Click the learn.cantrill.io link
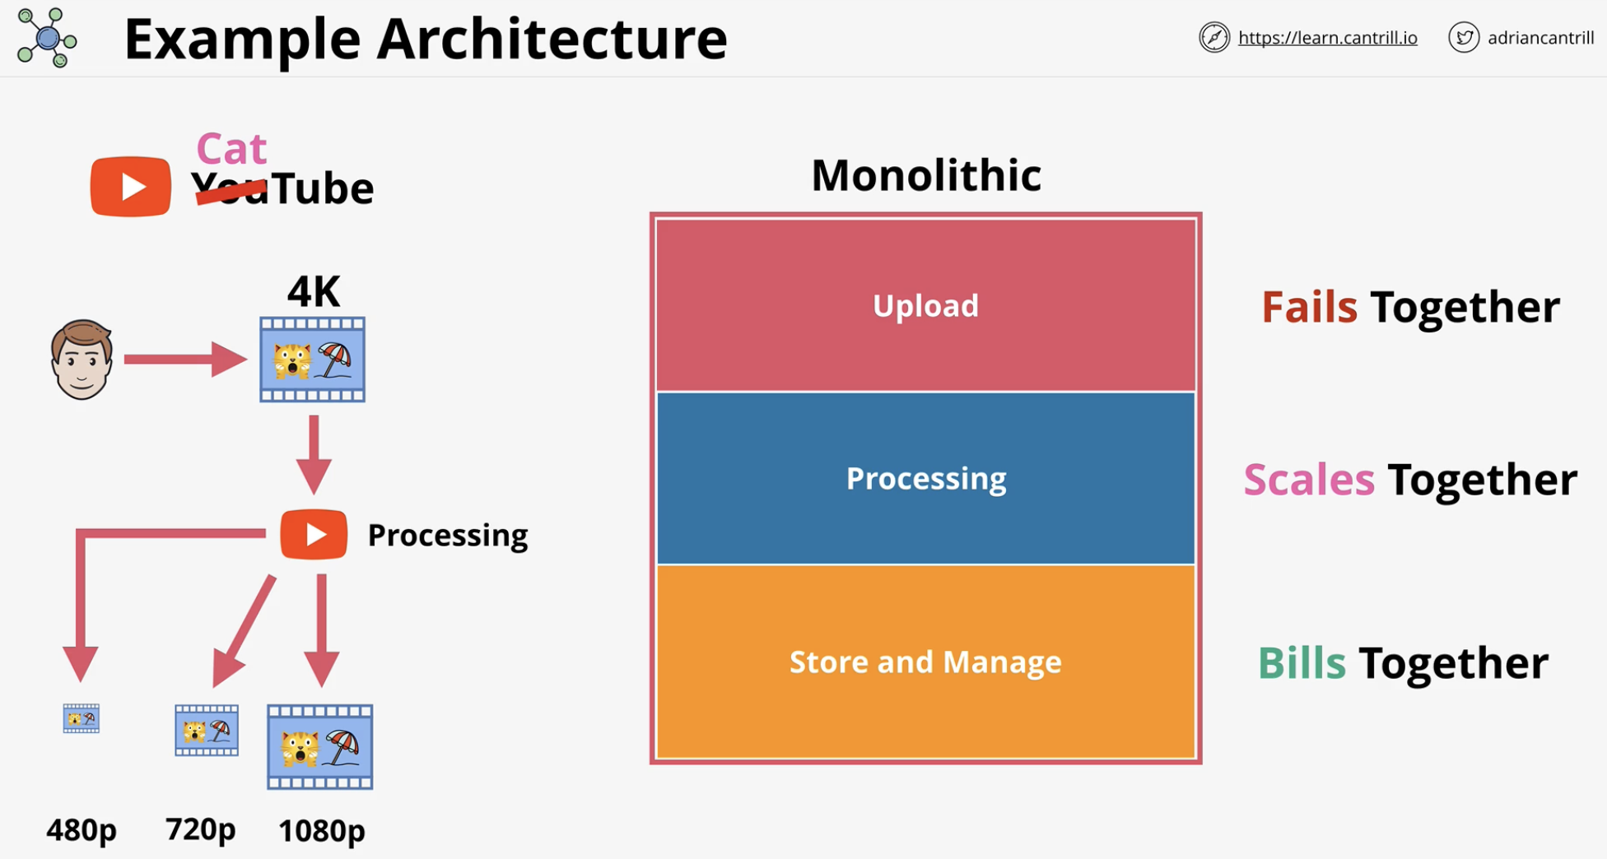click(x=1327, y=38)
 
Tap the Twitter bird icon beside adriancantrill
click(x=1464, y=38)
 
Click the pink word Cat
click(x=231, y=149)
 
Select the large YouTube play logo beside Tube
click(x=131, y=187)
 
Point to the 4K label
click(x=314, y=291)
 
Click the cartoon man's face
click(x=82, y=360)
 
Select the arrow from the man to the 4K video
click(x=185, y=360)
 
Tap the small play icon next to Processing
click(x=314, y=535)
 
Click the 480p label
click(x=82, y=829)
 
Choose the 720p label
click(x=201, y=829)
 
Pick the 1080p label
click(x=322, y=830)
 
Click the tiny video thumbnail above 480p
click(x=82, y=718)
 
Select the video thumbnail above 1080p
click(x=320, y=747)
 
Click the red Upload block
click(x=926, y=305)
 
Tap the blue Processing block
click(x=926, y=478)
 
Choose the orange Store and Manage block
click(x=926, y=662)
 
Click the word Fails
click(x=1309, y=307)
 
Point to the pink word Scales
click(x=1309, y=479)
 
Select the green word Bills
click(x=1302, y=662)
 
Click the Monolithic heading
click(x=926, y=174)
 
